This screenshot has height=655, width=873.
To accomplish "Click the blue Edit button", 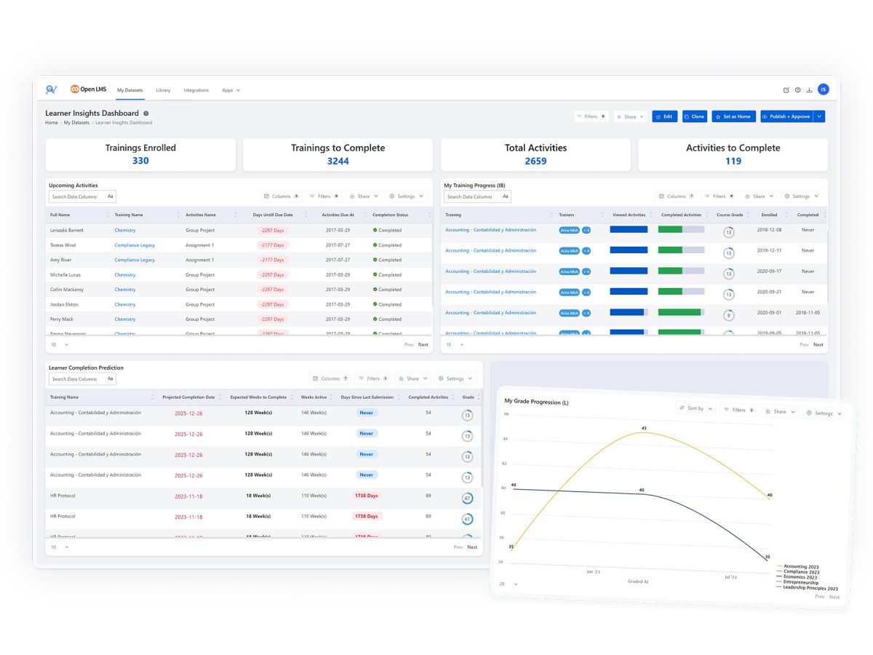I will [664, 116].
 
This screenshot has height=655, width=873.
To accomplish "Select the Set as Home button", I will [733, 116].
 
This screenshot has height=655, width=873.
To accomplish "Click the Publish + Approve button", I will [786, 116].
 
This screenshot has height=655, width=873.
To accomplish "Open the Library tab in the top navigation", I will [163, 90].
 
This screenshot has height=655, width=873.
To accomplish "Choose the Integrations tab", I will [196, 90].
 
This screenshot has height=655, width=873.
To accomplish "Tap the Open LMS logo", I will [88, 90].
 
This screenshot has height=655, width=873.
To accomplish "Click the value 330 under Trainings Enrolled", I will [140, 161].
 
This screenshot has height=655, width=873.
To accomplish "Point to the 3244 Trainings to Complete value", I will [338, 161].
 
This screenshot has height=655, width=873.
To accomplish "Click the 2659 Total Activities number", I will [535, 161].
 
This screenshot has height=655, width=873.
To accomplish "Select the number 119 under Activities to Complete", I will [733, 161].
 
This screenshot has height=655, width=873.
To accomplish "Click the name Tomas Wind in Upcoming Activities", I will [63, 245].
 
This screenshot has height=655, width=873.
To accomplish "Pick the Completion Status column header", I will [390, 215].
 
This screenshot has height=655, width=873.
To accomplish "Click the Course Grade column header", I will [729, 215].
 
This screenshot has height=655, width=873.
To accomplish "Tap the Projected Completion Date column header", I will [188, 397].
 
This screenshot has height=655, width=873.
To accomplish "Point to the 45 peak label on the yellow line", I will [644, 428].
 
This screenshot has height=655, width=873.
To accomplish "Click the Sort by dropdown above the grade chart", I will [695, 409].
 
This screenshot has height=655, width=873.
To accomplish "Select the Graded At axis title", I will [638, 581].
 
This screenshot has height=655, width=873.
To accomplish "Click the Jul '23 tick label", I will [730, 576].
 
